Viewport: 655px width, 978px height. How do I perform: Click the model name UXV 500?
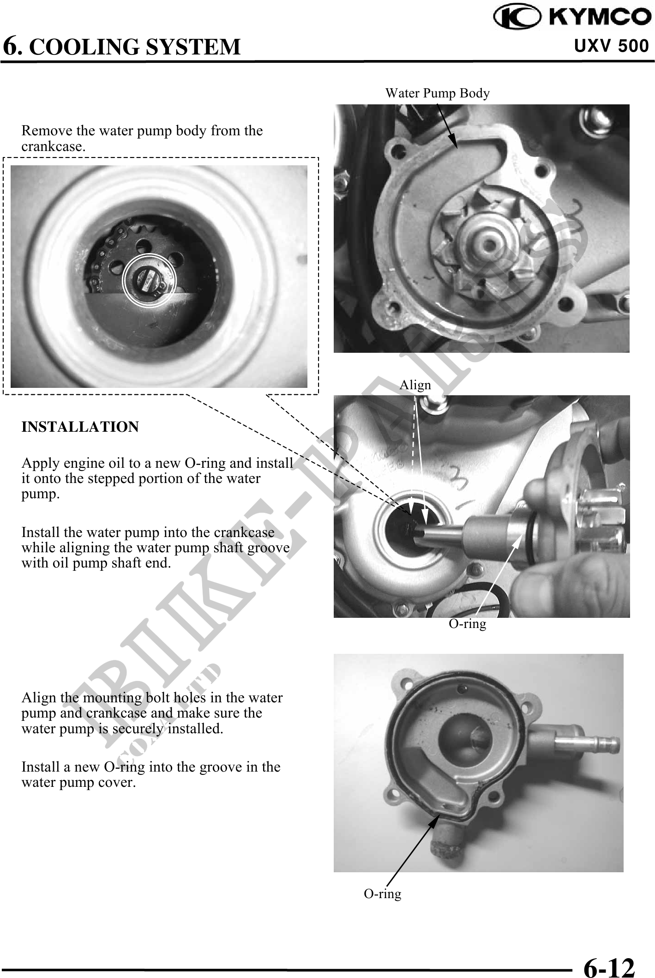coord(612,46)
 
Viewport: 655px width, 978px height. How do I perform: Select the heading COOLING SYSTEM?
coord(138,47)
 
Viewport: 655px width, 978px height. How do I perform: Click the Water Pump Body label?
coord(437,93)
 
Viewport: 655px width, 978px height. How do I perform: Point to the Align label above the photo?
coord(415,385)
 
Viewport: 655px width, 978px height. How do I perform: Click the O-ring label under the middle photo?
coord(468,624)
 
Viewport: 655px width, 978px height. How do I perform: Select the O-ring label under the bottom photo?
coord(382,894)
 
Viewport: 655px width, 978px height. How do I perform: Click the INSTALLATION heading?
coord(80,427)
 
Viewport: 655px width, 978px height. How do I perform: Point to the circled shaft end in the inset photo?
coord(149,280)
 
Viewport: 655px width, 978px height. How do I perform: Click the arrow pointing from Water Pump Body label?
coord(446,126)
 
